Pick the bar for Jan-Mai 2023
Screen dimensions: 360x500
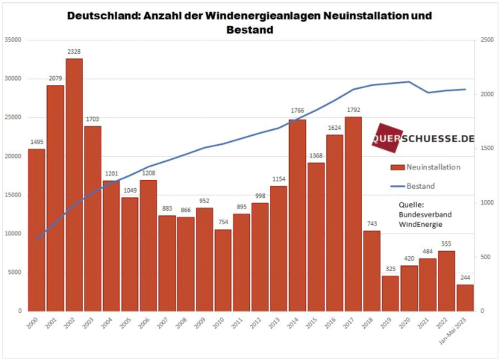click(x=464, y=297)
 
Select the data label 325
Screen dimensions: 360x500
click(x=390, y=270)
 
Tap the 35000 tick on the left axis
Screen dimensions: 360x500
click(x=13, y=40)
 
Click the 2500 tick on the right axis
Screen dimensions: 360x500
click(x=486, y=40)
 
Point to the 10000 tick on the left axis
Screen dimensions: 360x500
click(x=13, y=234)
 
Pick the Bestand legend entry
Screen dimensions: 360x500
click(x=422, y=185)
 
